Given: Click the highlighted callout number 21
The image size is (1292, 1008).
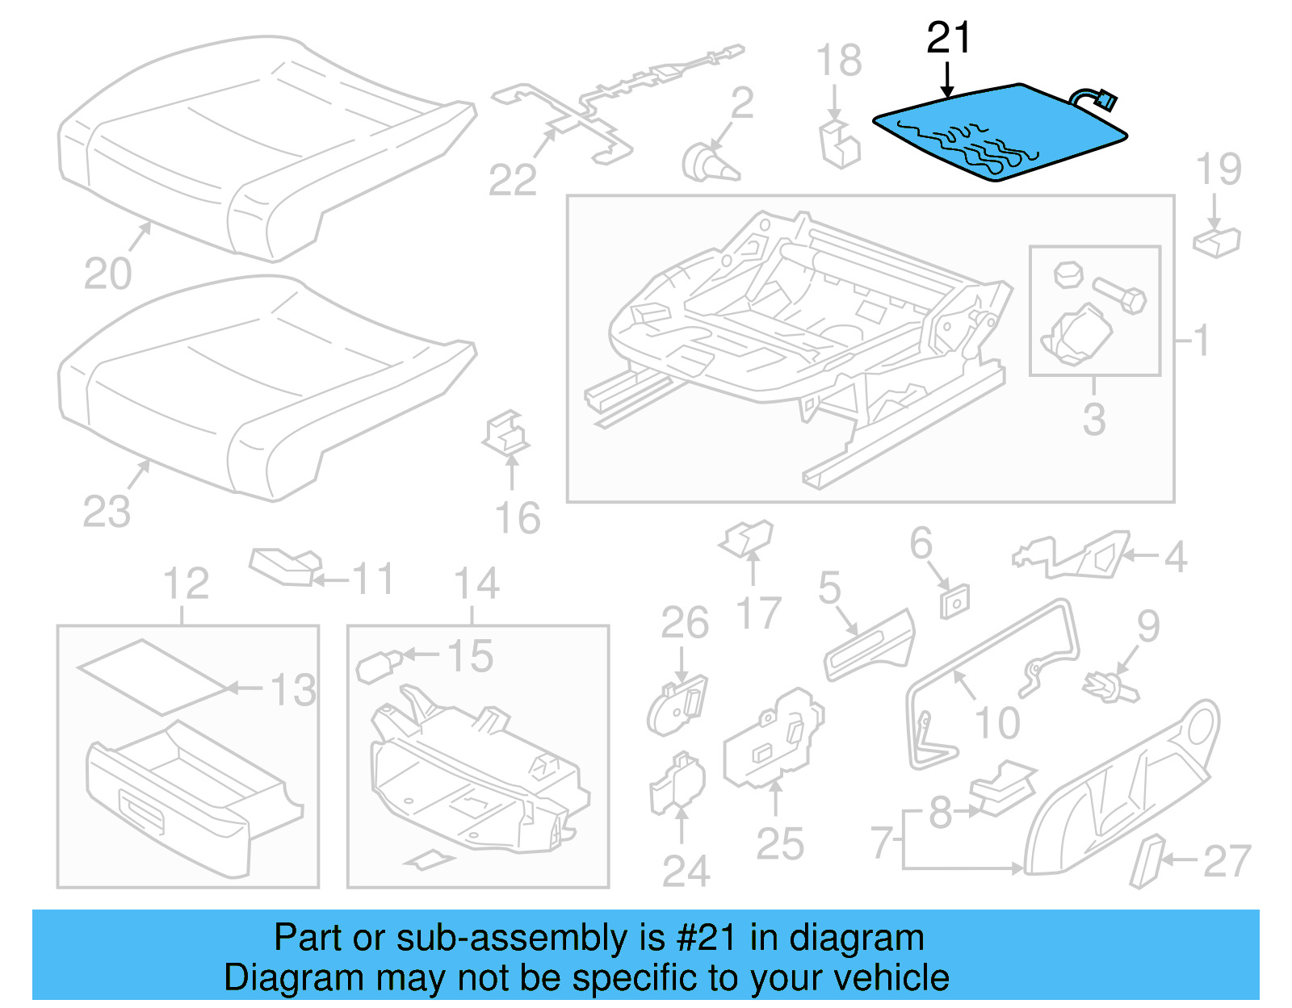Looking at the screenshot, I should point(948,38).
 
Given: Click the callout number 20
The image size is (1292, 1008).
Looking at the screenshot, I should point(107,274).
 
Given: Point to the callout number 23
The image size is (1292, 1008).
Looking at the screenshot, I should point(106,512).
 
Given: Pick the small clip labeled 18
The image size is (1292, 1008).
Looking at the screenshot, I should point(840,144).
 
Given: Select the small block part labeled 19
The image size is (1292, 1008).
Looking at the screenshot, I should point(1216,241).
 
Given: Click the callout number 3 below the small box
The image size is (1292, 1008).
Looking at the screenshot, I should point(1094,420).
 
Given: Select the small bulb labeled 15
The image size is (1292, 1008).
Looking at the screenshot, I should point(376,667).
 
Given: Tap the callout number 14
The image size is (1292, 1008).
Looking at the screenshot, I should point(476,584).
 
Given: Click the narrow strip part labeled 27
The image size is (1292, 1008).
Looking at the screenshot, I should point(1146,861).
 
